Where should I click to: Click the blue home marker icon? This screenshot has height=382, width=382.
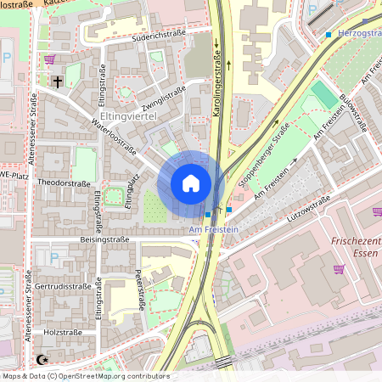click(x=191, y=183)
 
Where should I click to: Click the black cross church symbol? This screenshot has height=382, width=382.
click(x=59, y=82)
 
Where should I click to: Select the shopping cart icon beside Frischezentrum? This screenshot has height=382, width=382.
click(x=340, y=269)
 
